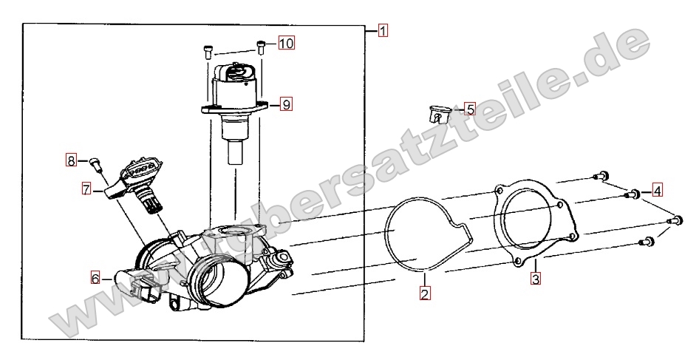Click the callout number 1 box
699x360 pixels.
tap(383, 31)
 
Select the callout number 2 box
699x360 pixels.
tap(425, 293)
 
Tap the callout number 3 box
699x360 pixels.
tap(536, 279)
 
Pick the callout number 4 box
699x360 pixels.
tap(657, 191)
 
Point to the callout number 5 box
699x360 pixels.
tap(469, 109)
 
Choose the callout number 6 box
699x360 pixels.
tap(95, 279)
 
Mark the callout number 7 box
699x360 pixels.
tap(86, 189)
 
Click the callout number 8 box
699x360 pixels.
tap(72, 160)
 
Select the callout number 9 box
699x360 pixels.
tap(286, 104)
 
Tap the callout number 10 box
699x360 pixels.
tap(287, 43)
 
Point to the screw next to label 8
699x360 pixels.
tap(95, 164)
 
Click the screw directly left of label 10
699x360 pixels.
tap(262, 47)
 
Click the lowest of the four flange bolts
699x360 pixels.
tap(646, 242)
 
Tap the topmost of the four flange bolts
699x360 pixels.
tap(601, 175)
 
